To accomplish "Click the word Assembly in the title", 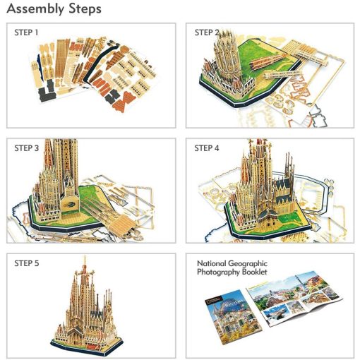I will tap(32, 10).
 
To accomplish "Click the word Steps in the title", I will tap(84, 10).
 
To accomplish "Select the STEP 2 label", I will tap(206, 32).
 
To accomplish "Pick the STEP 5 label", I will tap(28, 263).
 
